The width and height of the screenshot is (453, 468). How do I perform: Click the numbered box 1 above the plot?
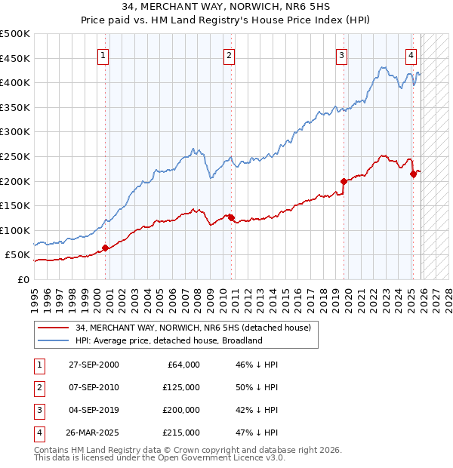[x=103, y=54]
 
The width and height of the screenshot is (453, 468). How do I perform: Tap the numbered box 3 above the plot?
[x=341, y=54]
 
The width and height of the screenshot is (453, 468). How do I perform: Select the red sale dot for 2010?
[x=231, y=217]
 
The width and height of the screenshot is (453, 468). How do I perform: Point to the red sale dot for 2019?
[x=344, y=181]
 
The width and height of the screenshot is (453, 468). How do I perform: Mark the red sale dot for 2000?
[x=105, y=248]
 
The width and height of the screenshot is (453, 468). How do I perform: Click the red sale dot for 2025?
[x=413, y=174]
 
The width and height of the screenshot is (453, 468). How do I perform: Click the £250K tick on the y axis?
[x=15, y=156]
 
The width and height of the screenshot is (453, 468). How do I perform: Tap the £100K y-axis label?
[x=15, y=230]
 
